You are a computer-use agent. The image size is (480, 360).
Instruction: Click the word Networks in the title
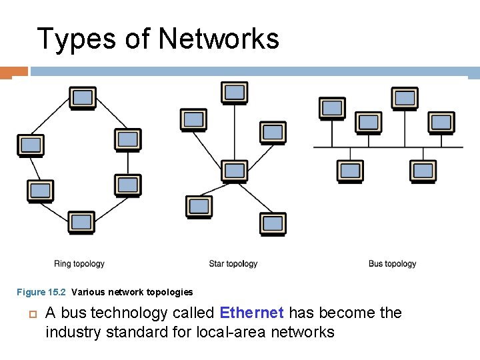point(219,39)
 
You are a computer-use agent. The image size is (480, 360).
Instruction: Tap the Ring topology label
point(79,264)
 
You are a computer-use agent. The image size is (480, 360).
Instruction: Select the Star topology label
point(233,264)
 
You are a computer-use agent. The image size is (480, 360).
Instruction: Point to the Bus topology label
point(392,264)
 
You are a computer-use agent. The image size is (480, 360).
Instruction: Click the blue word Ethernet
point(251,313)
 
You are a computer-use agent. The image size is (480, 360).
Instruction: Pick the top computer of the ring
point(83,99)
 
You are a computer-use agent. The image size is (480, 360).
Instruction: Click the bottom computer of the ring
point(81,222)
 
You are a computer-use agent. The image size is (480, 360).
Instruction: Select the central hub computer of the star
point(234,171)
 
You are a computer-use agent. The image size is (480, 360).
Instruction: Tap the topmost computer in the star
point(234,93)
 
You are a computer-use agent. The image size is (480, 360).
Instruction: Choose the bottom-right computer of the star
point(273,224)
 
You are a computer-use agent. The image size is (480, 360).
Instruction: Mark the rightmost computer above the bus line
point(441,122)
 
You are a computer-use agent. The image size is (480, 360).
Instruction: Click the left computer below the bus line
point(350,171)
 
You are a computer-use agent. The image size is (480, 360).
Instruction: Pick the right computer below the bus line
point(423,171)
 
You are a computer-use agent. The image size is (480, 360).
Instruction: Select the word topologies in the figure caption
point(170,292)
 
